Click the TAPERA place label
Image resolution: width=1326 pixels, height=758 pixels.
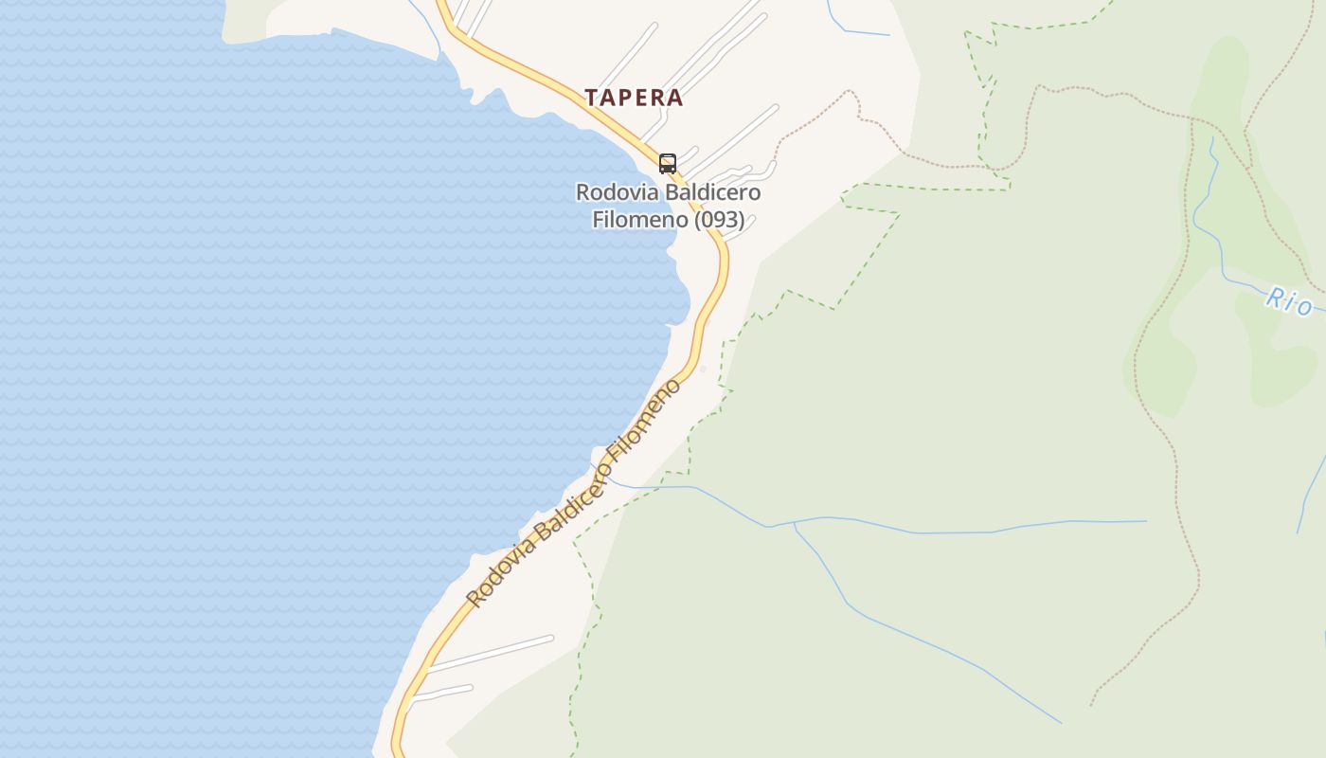(634, 98)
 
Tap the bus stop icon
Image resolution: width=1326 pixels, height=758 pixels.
(668, 163)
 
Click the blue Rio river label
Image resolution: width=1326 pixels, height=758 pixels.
(1289, 302)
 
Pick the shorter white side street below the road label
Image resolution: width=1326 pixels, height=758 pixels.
(445, 693)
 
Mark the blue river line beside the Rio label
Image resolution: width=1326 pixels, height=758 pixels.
(1241, 281)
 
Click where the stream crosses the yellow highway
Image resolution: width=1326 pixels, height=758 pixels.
(602, 472)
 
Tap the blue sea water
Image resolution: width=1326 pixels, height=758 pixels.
(237, 379)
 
